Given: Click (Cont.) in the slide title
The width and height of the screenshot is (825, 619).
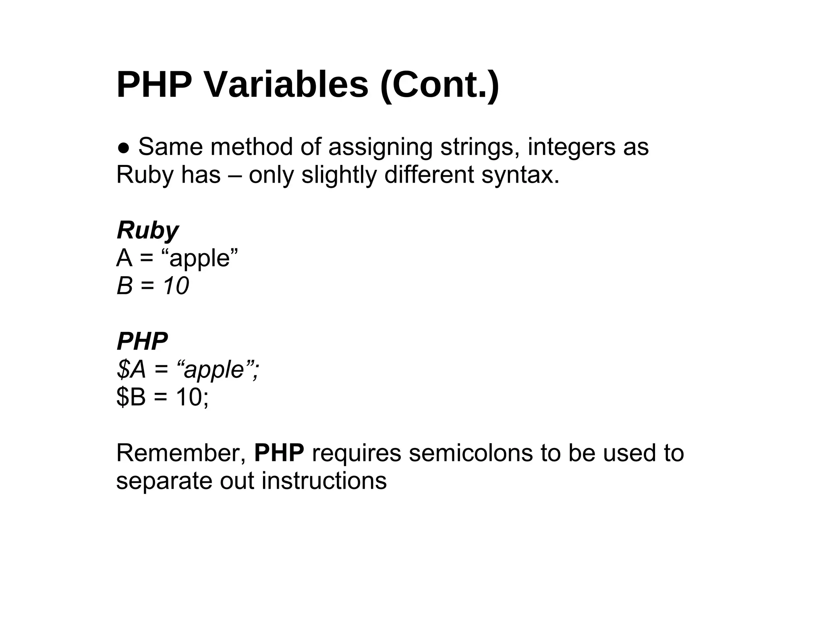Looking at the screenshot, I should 439,85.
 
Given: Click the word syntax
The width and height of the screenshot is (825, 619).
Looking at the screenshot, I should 520,175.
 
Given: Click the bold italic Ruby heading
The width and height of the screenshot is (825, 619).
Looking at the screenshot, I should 147,231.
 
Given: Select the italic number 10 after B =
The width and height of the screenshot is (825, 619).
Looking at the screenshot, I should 176,286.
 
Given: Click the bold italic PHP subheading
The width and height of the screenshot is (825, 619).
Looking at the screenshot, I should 142,342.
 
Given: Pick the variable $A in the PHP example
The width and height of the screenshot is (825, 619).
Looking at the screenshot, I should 131,369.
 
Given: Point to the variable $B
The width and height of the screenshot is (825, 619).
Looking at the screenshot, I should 131,397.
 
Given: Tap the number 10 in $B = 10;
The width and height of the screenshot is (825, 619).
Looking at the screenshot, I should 189,397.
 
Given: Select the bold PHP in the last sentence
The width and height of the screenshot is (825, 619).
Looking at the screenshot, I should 279,453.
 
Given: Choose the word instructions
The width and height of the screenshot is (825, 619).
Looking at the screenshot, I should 324,481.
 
